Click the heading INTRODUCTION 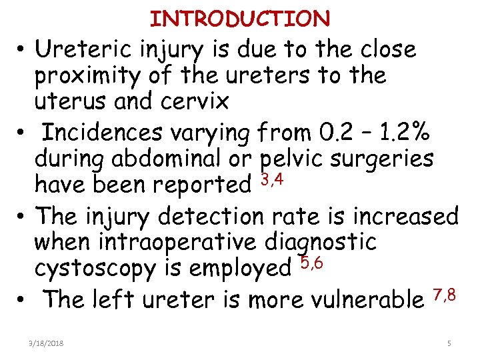pyautogui.click(x=240, y=19)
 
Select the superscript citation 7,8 pyautogui.click(x=444, y=293)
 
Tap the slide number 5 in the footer pyautogui.click(x=449, y=343)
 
